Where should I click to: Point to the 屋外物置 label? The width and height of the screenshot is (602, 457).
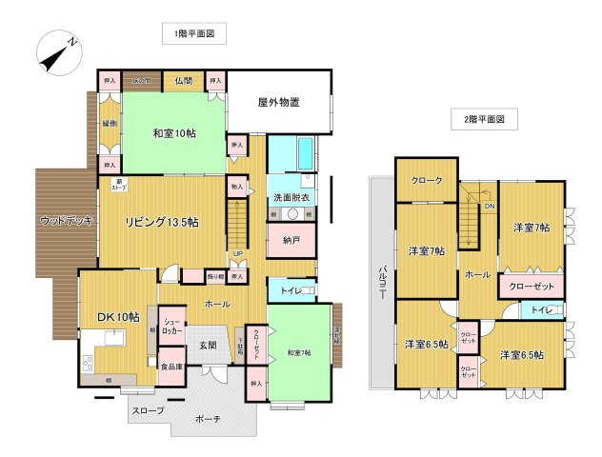(278, 102)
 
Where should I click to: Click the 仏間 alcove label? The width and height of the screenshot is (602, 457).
(184, 81)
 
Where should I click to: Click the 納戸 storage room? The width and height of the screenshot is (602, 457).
(291, 241)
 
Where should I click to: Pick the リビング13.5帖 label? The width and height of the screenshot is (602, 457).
(162, 222)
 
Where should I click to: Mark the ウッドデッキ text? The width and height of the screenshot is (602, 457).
(67, 221)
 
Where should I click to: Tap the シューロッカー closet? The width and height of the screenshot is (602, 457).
(171, 327)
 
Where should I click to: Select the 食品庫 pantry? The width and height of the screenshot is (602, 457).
(171, 367)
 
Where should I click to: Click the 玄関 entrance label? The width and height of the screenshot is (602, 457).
(207, 346)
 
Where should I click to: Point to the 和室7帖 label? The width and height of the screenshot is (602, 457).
(302, 354)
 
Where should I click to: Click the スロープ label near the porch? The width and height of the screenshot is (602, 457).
(147, 410)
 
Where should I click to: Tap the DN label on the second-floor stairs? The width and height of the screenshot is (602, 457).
(490, 206)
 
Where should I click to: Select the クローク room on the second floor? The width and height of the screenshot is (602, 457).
(426, 181)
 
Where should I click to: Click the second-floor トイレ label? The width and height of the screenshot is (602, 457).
(539, 309)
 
